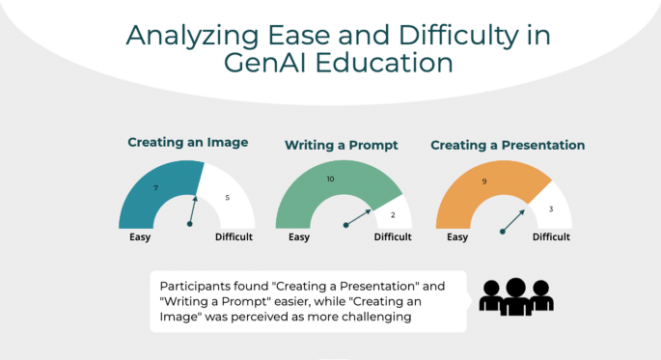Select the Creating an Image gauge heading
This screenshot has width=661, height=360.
click(188, 143)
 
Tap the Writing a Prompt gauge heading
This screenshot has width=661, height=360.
click(342, 145)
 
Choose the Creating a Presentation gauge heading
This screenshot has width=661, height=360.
click(508, 145)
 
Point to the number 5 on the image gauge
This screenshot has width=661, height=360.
click(228, 198)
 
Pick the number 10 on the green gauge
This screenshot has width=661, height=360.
click(331, 180)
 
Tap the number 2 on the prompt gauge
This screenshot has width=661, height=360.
click(393, 215)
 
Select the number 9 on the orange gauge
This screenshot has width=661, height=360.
click(483, 180)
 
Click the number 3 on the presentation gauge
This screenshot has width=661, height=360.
click(551, 209)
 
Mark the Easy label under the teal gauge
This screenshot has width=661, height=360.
click(140, 236)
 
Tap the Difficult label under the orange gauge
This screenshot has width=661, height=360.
click(551, 236)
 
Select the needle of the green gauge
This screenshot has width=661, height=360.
click(358, 217)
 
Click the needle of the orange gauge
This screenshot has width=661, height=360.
click(513, 219)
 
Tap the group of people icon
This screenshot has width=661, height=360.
click(516, 296)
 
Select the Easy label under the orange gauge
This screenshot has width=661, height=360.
click(457, 236)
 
